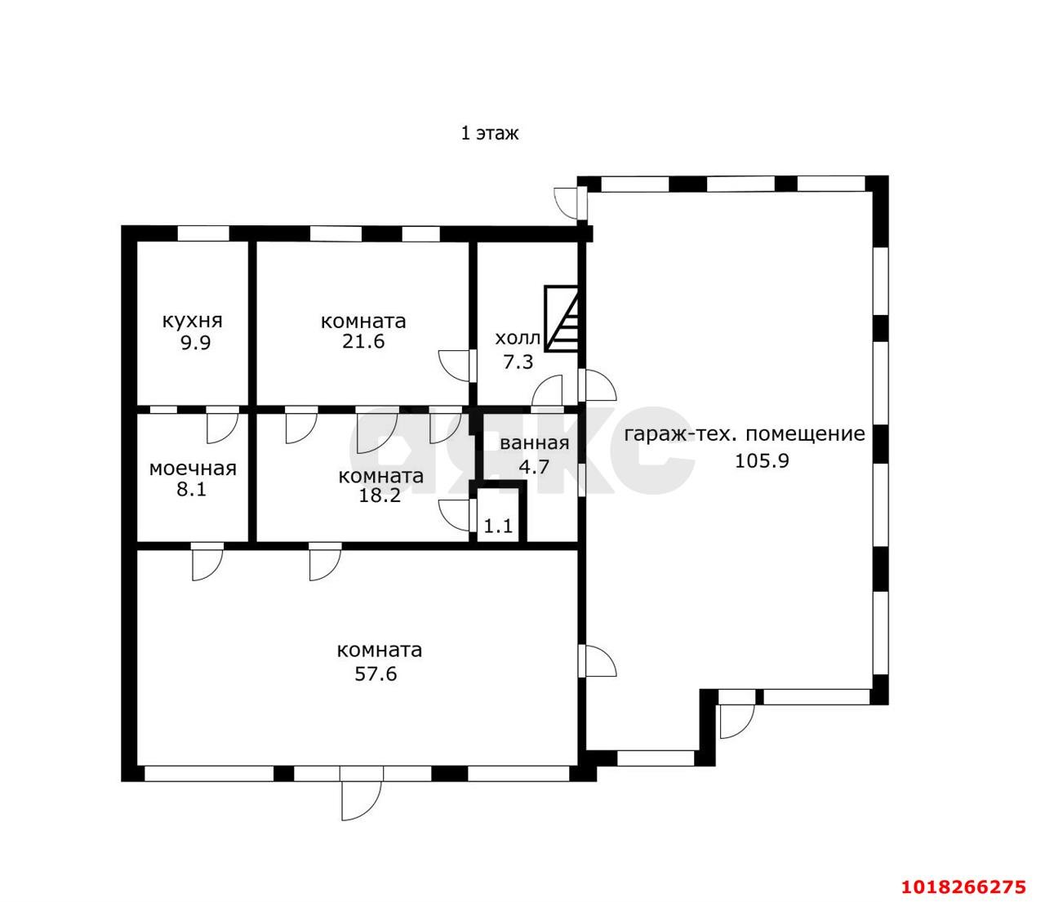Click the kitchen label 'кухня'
pos(192,322)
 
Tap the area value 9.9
pos(196,344)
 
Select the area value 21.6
pos(363,342)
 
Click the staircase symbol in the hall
pos(561,318)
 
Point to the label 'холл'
pos(518,338)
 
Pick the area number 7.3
pos(518,362)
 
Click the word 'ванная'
pos(535,443)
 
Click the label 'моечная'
pos(193,469)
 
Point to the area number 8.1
pos(192,490)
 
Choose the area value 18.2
pos(380,495)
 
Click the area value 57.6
pos(376,674)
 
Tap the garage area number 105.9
pos(762,461)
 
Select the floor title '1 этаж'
pos(489,134)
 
